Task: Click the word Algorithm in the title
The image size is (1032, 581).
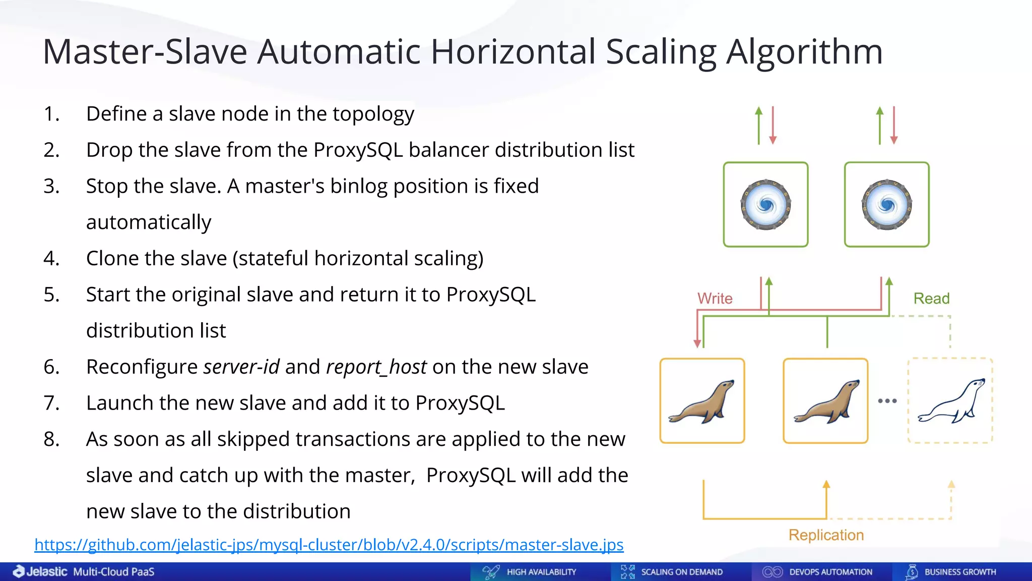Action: [804, 52]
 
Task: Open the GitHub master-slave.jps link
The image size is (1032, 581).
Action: [329, 545]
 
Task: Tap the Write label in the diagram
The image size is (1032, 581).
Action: [715, 299]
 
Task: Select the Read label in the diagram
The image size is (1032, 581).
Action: [931, 299]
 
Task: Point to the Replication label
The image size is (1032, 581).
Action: [826, 535]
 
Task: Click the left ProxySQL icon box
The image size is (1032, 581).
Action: [765, 205]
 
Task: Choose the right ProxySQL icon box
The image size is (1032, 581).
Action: [886, 205]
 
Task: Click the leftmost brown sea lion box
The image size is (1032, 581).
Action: [702, 401]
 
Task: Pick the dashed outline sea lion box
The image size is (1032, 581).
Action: [950, 401]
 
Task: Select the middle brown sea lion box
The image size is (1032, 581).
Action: [825, 401]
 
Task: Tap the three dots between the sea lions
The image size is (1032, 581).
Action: [887, 401]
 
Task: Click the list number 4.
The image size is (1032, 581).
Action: [51, 258]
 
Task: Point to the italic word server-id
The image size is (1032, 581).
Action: [241, 367]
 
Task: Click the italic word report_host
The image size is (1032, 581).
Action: [376, 367]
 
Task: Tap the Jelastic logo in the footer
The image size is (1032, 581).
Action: [40, 571]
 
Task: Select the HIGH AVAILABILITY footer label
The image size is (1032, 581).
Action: [541, 572]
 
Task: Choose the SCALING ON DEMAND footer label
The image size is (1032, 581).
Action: [681, 572]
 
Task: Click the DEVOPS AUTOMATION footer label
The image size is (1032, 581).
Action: [830, 572]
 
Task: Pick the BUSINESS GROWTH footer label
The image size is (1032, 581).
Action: [960, 572]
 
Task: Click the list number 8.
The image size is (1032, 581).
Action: [51, 439]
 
